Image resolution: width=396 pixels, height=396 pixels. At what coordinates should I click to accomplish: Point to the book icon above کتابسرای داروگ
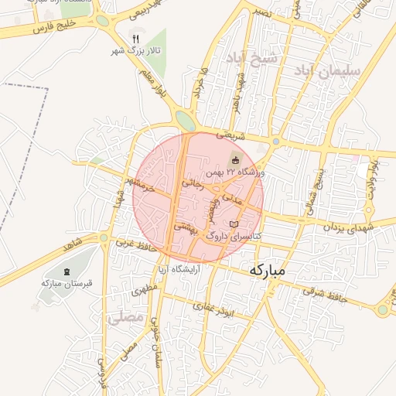point(234,224)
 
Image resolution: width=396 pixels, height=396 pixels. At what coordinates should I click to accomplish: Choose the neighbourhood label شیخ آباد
point(251,58)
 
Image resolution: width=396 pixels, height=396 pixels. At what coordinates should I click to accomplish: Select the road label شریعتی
point(230,135)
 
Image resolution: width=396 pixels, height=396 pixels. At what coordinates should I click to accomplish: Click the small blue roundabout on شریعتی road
point(276,142)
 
